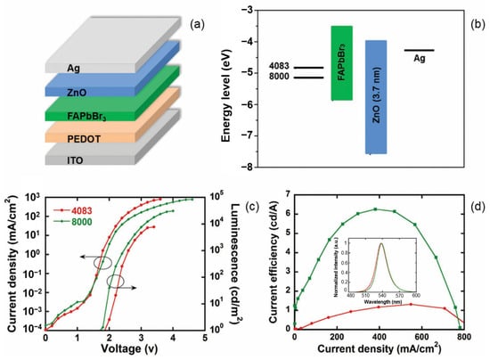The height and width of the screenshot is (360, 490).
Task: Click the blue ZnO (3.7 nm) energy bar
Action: [376, 96]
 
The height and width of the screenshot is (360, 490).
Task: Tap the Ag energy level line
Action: [420, 51]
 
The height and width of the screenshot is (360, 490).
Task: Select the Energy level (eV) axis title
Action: [237, 89]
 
